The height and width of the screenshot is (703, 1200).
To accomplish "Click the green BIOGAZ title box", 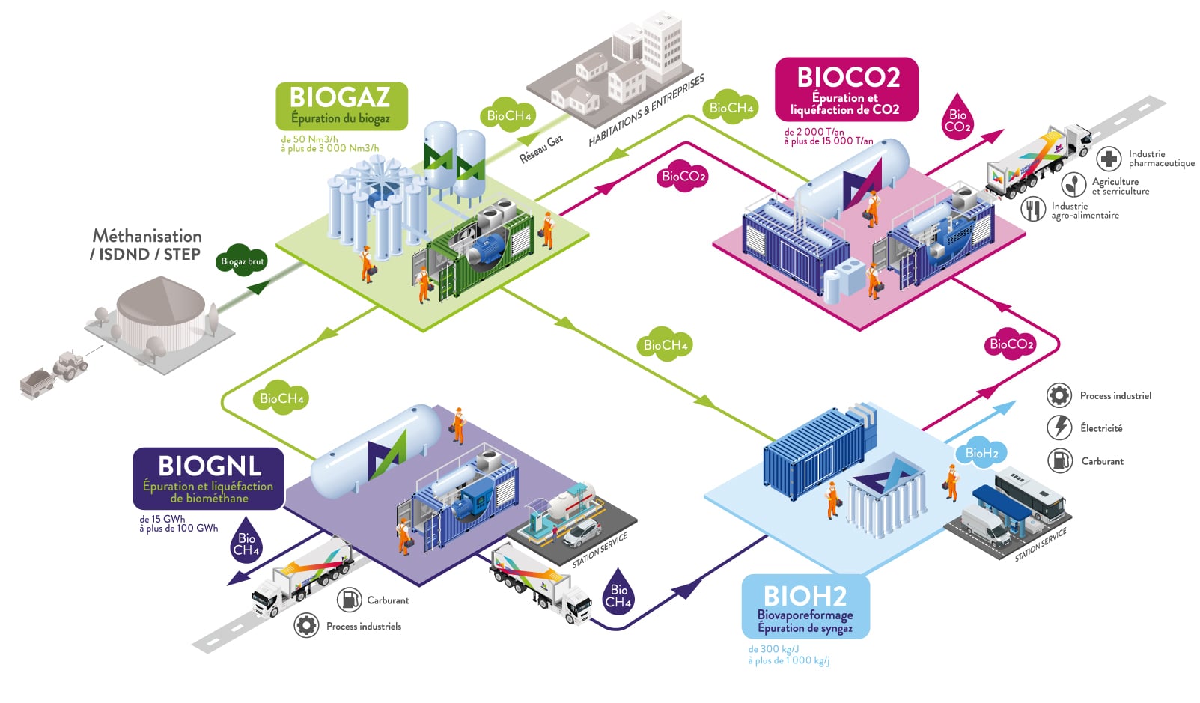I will [341, 106].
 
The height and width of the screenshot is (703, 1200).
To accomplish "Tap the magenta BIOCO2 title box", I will [846, 89].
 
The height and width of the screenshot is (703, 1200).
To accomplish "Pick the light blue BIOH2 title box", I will [805, 606].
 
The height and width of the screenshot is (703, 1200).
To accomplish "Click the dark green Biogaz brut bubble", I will [242, 261].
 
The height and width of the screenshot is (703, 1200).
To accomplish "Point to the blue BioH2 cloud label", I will [981, 453].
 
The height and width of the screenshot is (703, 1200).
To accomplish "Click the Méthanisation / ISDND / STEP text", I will [146, 245].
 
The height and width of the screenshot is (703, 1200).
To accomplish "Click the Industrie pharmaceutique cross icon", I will [1109, 159].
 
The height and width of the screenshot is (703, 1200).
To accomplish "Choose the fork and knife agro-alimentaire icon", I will [1033, 209].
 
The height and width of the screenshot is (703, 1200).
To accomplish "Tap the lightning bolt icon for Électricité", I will [1059, 427].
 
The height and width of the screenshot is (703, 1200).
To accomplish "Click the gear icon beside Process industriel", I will [1059, 395].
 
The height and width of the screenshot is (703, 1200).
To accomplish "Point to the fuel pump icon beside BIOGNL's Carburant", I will [349, 599].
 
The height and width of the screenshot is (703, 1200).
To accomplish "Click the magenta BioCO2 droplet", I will [957, 118].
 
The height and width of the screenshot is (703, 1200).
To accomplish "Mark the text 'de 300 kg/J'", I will [773, 649].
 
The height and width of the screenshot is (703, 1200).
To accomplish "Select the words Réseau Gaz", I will [541, 150].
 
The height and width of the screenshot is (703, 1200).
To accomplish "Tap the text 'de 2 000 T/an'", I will [814, 132].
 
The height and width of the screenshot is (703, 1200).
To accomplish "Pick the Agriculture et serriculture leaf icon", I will [1074, 184].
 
